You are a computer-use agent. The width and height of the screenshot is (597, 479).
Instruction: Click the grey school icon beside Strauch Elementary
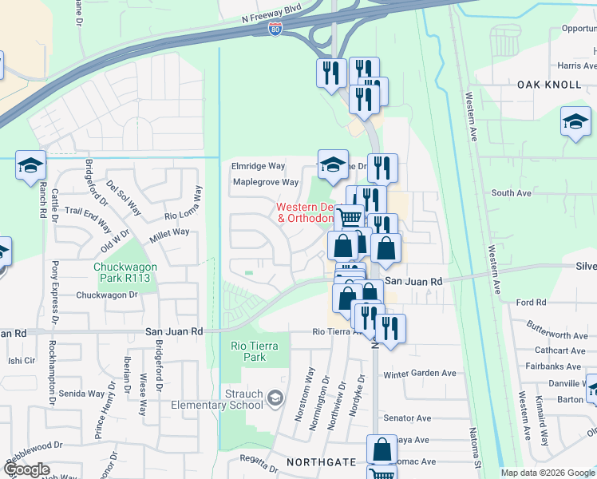click(x=275, y=398)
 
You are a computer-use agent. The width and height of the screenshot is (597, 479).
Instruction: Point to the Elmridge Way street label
click(x=258, y=166)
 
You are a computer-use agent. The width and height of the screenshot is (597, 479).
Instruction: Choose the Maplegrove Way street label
click(x=265, y=182)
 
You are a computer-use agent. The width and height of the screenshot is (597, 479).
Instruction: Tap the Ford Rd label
click(x=531, y=303)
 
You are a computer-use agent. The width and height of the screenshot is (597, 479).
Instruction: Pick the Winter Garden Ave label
click(x=419, y=374)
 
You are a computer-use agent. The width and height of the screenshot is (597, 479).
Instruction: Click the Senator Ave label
click(x=407, y=418)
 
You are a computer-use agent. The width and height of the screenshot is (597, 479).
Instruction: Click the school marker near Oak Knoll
click(x=575, y=122)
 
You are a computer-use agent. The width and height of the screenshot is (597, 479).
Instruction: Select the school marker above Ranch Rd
click(x=30, y=165)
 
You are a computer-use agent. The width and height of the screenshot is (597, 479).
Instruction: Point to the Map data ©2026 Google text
click(x=547, y=473)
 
